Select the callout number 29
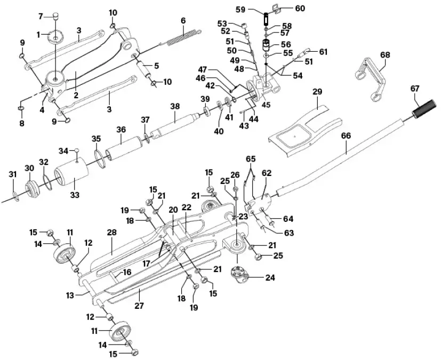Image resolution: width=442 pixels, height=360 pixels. (317, 92)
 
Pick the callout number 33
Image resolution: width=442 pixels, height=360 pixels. (75, 195)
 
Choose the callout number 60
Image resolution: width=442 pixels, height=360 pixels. (300, 8)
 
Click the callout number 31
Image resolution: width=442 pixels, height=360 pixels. (13, 174)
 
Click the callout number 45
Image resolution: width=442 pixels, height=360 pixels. (266, 104)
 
